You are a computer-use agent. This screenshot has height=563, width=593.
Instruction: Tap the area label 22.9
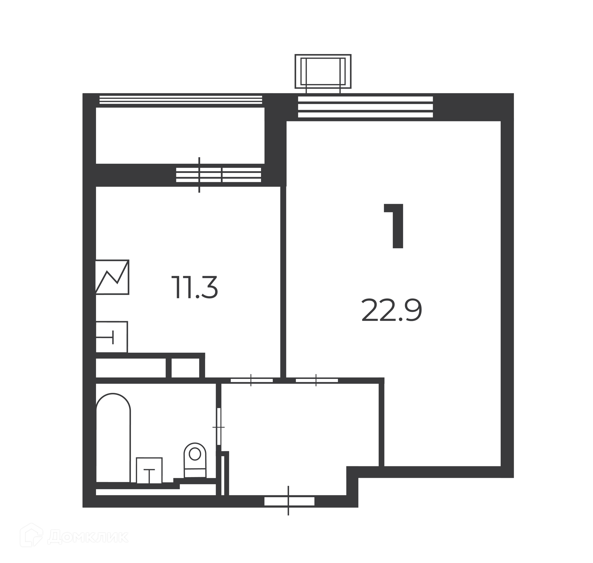coord(392,310)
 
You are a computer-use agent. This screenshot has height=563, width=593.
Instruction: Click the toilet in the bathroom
coord(195,460)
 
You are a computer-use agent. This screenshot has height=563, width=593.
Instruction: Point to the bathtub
coord(113,438)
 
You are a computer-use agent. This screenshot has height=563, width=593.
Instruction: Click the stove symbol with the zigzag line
coord(112,277)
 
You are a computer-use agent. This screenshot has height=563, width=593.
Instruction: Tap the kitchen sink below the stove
coord(111,337)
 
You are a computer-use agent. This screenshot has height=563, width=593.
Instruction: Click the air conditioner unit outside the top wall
coord(323,72)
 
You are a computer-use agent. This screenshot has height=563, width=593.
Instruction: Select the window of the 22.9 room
coord(365,107)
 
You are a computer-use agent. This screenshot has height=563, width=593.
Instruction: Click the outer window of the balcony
coord(181,99)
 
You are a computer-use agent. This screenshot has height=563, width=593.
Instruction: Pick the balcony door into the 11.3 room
coord(219,175)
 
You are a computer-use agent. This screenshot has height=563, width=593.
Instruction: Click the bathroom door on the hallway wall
coord(219,426)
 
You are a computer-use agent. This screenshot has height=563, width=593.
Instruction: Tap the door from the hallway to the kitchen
coord(252,380)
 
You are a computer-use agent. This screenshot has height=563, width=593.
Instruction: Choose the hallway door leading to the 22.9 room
coord(317,380)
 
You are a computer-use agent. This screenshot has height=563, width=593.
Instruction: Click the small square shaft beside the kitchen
coord(185,368)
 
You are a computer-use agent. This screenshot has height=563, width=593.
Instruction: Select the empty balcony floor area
coord(180,135)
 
